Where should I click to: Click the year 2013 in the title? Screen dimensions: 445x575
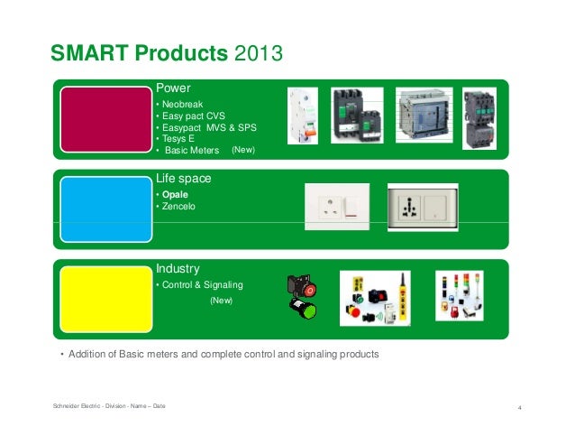259,54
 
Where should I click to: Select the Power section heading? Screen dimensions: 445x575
174,88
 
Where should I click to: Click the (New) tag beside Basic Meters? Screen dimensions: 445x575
244,150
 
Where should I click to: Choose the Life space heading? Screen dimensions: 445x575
183,179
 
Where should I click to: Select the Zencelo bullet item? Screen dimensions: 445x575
178,208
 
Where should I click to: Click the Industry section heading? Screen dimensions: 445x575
178,269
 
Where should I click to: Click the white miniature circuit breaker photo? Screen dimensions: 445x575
303,120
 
